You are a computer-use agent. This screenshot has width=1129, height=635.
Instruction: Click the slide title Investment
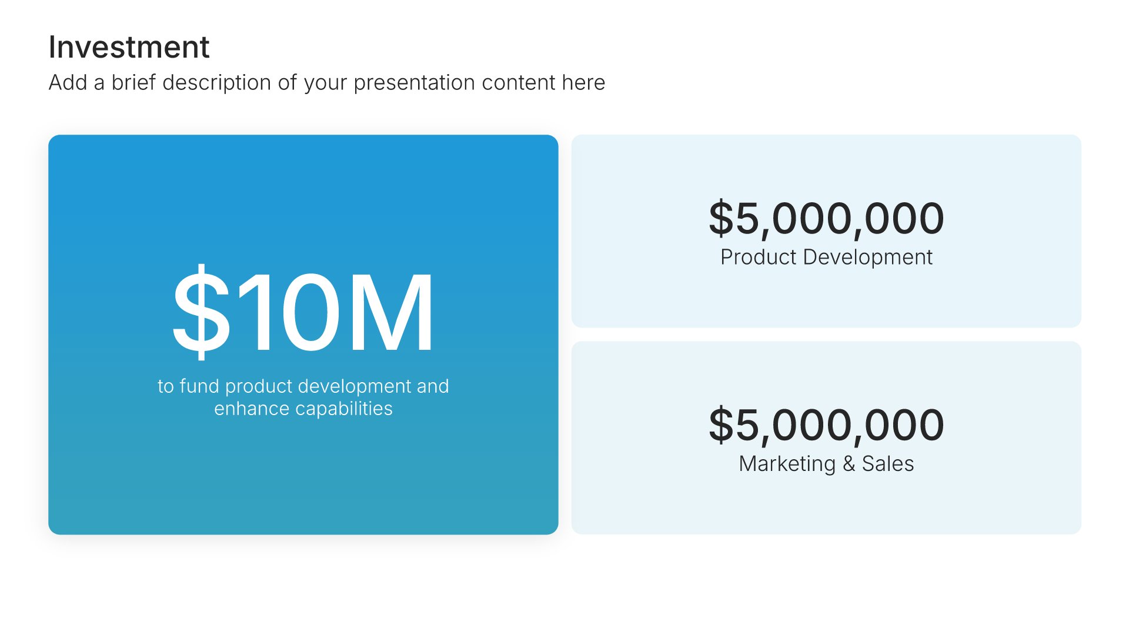tap(129, 47)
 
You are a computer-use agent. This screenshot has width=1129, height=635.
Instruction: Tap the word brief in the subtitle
tap(134, 82)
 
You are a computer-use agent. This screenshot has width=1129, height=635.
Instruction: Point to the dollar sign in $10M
tap(201, 312)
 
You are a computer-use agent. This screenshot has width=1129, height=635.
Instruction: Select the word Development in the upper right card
tap(868, 258)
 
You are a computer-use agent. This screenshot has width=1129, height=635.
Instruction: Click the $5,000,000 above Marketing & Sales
tap(826, 425)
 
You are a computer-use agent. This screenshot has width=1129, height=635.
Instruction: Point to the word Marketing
tap(787, 464)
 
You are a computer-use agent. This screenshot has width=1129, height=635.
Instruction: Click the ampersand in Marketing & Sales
tap(849, 464)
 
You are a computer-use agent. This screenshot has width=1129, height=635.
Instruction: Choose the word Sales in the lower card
tap(888, 464)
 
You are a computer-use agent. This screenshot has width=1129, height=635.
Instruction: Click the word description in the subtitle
tap(217, 83)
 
